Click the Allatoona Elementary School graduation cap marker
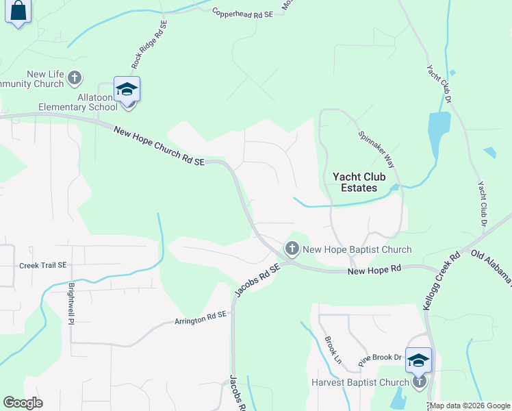point(127,90)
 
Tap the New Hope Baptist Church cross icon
point(292,248)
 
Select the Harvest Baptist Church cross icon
point(419,382)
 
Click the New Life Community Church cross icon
point(75,78)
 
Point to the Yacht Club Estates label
point(355,182)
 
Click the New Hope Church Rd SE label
point(159,146)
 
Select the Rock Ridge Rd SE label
point(149,42)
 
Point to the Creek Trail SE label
point(42,265)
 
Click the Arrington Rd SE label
point(200,319)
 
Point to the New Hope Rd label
point(374,271)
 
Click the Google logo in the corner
point(23,403)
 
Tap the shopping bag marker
point(18,12)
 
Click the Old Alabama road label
point(491,265)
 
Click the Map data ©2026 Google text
point(470,406)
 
